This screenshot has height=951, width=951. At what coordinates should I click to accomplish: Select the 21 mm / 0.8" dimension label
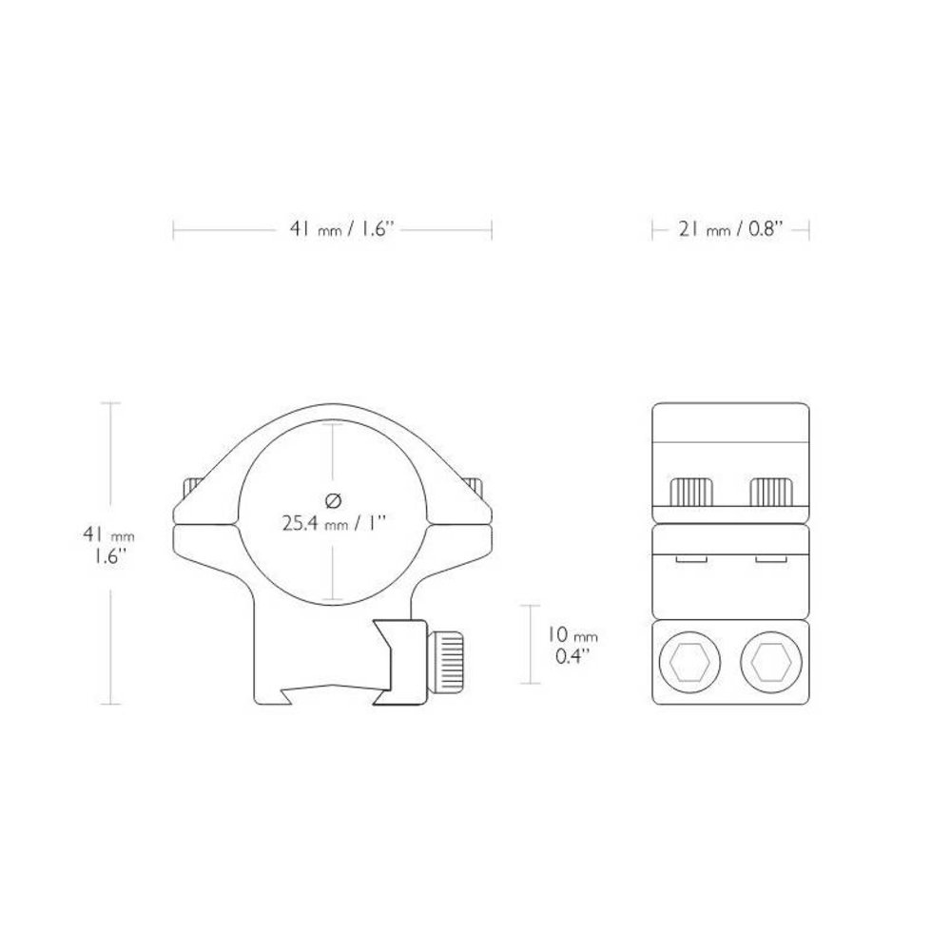coord(729,229)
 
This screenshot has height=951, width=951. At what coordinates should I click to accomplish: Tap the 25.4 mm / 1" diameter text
coord(333,521)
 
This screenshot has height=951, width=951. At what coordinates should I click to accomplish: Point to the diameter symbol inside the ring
coord(333,500)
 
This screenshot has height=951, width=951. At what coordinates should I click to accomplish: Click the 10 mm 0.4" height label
coord(573,645)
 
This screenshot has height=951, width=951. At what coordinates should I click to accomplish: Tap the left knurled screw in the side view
coord(691,492)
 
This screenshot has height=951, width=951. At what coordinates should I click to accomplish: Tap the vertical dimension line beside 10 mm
coord(529,644)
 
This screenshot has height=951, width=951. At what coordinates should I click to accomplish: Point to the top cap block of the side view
coord(730,438)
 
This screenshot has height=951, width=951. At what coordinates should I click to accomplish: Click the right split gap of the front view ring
coord(462,519)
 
